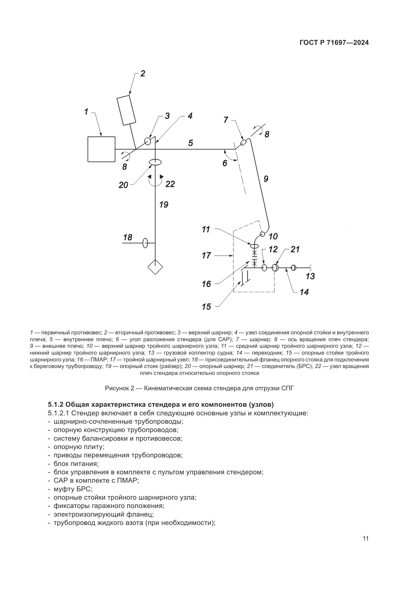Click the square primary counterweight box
click(x=101, y=149)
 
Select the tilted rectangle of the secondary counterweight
click(x=126, y=110)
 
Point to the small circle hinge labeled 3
click(x=148, y=141)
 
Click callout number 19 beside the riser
click(x=164, y=205)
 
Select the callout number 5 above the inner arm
click(x=191, y=143)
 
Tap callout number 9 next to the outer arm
click(x=266, y=178)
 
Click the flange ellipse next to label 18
click(x=145, y=243)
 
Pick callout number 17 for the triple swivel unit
click(x=206, y=256)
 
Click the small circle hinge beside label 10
click(x=262, y=234)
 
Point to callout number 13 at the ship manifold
click(x=310, y=276)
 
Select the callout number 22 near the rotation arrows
click(x=170, y=184)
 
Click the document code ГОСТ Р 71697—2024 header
click(x=334, y=43)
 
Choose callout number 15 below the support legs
click(x=206, y=307)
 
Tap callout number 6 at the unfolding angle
click(x=225, y=163)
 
